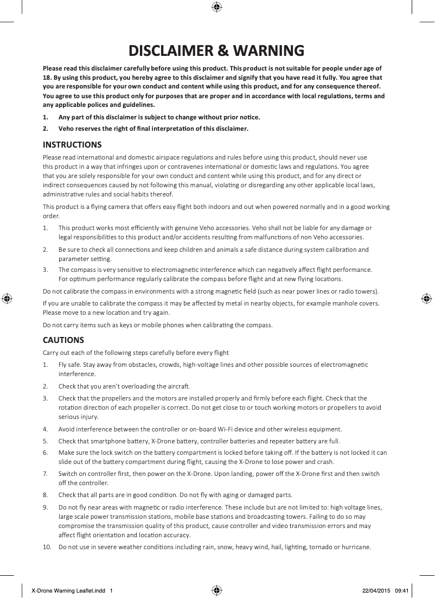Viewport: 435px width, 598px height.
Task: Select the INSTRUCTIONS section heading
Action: click(72, 145)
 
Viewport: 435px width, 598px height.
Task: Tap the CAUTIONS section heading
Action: click(63, 340)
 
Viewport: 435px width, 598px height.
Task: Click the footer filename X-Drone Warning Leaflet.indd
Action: click(68, 590)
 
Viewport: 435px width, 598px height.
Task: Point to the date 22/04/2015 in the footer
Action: click(375, 590)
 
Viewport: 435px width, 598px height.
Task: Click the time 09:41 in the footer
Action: click(401, 590)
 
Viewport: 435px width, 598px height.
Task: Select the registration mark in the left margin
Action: click(7, 298)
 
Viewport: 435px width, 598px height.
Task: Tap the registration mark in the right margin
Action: click(427, 298)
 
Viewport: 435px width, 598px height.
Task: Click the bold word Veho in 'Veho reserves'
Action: click(67, 129)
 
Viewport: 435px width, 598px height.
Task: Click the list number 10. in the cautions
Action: click(48, 546)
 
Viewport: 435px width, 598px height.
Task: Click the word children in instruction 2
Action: click(220, 250)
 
